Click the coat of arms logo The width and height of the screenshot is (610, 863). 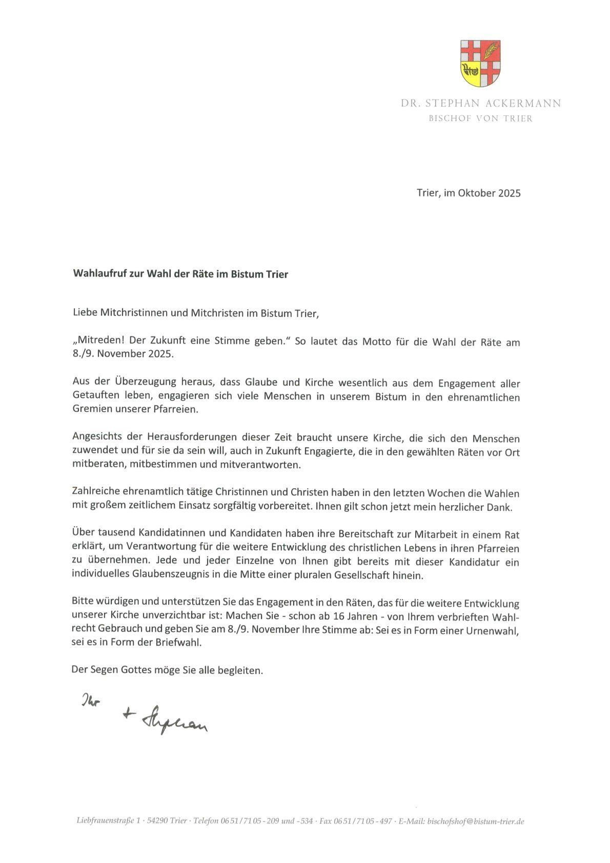pos(480,63)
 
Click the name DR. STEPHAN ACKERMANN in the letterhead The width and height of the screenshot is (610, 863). pos(480,104)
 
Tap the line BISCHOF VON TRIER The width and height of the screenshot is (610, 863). pos(480,119)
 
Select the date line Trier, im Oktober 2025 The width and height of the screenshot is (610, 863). pos(469,193)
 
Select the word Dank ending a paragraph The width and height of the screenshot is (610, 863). pos(502,507)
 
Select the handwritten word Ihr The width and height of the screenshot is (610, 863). pos(90,699)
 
